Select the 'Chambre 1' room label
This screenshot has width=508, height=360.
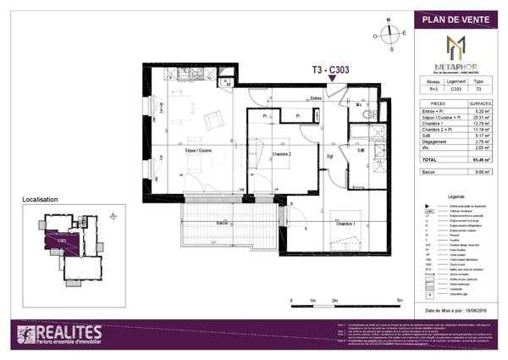345,223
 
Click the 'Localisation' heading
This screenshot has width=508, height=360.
40,200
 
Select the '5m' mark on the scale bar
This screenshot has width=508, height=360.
400,301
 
